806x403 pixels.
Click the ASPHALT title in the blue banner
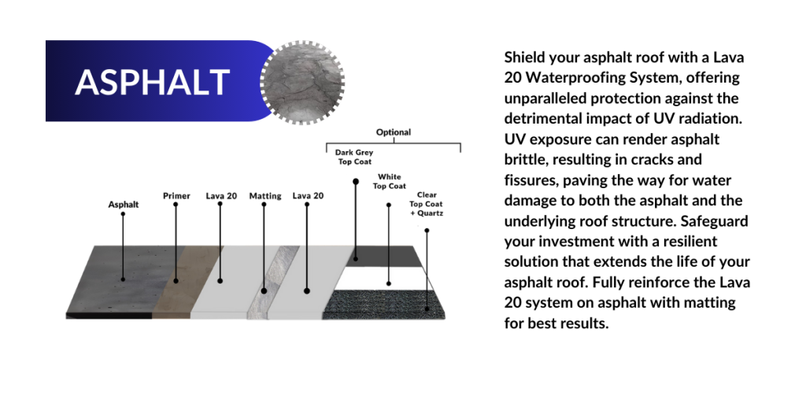coord(152,82)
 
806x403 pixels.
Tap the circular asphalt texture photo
coord(302,82)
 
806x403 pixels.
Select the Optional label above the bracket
coord(394,132)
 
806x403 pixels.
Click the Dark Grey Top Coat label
coord(354,157)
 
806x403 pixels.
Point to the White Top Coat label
coord(389,182)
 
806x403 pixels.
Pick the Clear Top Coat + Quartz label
coord(427,204)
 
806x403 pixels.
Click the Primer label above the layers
coord(176,196)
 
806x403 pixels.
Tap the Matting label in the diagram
coord(265,196)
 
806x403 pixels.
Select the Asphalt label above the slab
coord(124,205)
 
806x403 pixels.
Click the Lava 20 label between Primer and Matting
coord(221,196)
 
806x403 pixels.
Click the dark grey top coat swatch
coord(383,257)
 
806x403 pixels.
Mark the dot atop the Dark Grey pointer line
coord(355,182)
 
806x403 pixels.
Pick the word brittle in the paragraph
coord(520,159)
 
